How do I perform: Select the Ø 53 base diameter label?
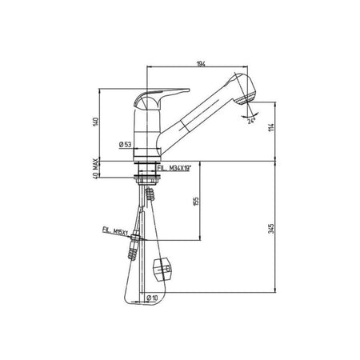pyautogui.click(x=124, y=144)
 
